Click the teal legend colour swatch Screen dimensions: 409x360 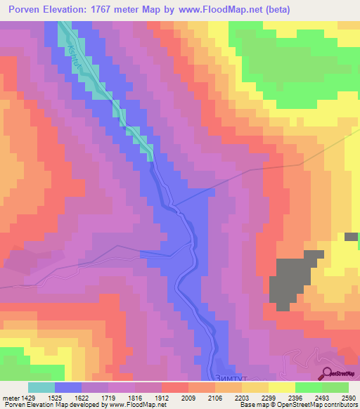click(41, 387)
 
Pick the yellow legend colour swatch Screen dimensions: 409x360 click(281, 387)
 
